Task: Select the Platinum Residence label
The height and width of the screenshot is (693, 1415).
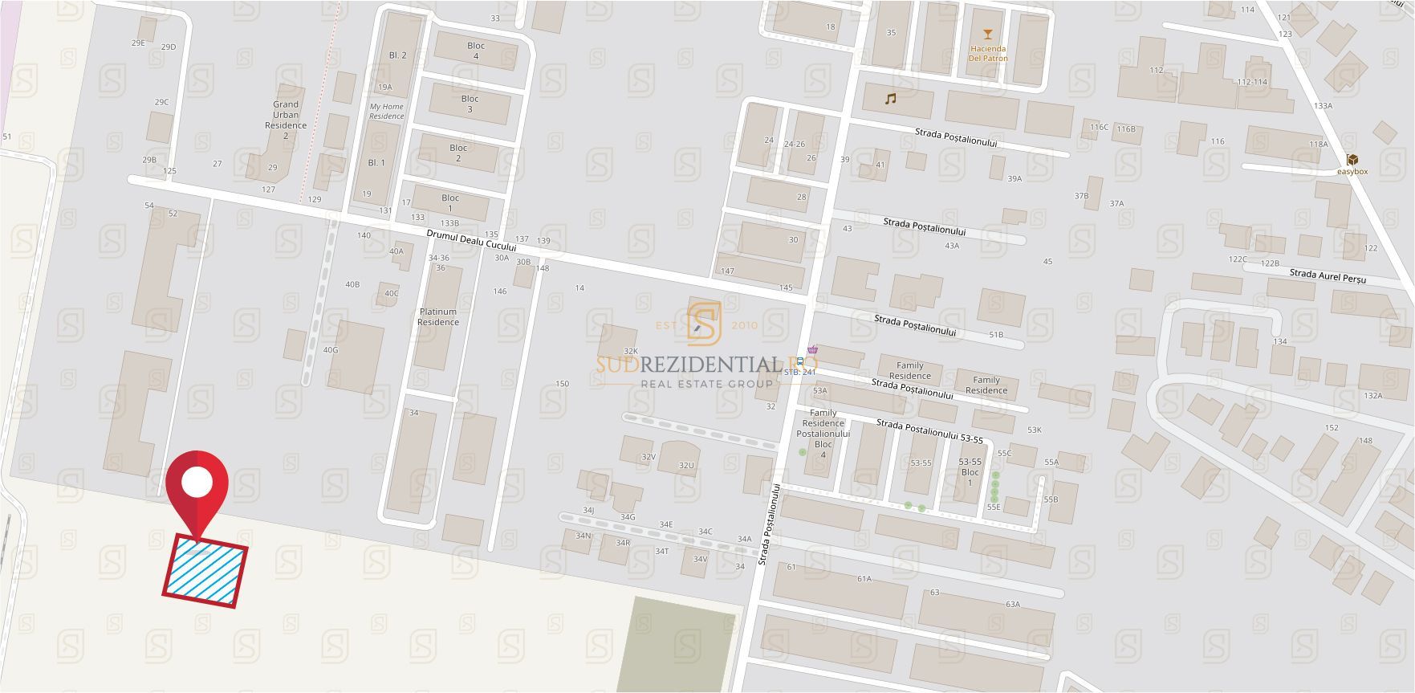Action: [437, 316]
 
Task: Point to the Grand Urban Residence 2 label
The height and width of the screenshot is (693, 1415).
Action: [286, 120]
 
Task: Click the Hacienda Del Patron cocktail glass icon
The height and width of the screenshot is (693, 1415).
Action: [987, 35]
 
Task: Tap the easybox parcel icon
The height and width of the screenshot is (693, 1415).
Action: [1352, 159]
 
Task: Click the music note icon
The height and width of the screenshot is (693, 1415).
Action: [889, 99]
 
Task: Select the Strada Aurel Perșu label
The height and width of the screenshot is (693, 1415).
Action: [1328, 276]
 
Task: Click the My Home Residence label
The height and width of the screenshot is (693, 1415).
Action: [387, 111]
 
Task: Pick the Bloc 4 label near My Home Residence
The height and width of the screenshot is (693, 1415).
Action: [476, 51]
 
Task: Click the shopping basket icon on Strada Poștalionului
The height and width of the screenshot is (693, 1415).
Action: [813, 349]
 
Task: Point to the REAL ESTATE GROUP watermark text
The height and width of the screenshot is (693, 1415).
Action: [706, 384]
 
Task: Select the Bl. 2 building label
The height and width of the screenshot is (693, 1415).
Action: [397, 55]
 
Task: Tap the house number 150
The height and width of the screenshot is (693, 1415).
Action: [562, 384]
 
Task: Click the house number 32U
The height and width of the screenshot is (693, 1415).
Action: [685, 465]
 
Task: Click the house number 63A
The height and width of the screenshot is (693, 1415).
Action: [1012, 605]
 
